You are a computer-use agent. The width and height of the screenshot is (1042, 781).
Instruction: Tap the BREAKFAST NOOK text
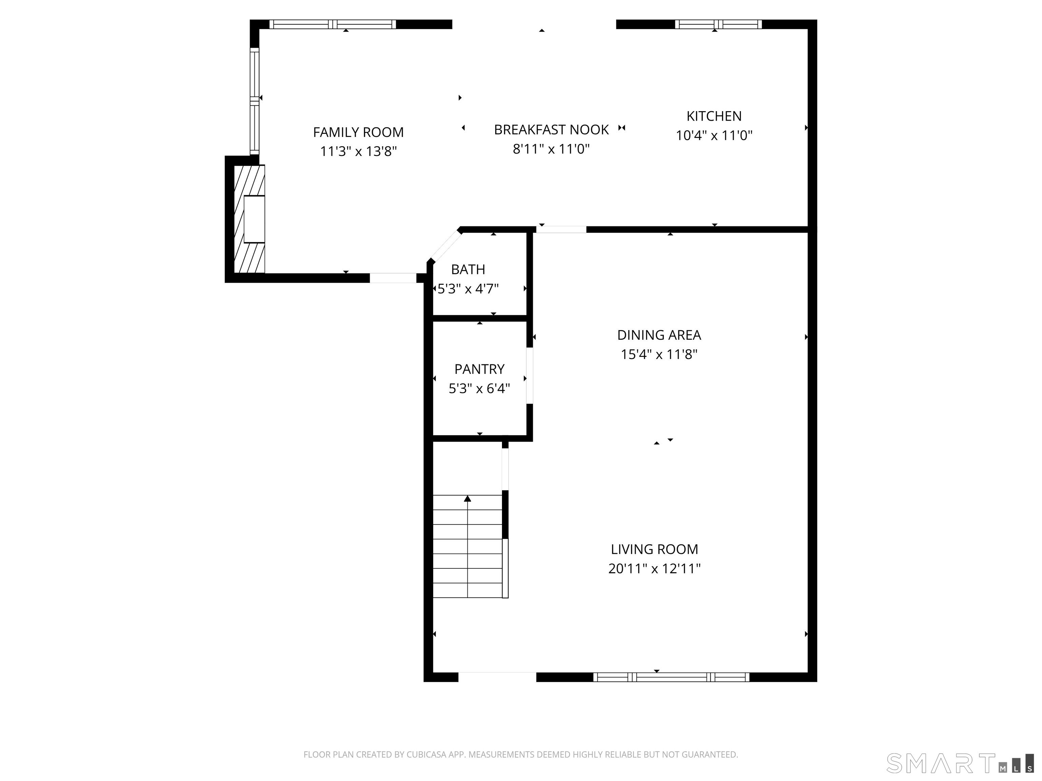551,129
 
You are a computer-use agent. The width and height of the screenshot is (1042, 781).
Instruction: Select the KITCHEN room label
714,116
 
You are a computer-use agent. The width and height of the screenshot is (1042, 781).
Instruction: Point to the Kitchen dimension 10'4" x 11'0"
714,136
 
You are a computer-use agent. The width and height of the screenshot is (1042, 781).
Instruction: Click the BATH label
468,269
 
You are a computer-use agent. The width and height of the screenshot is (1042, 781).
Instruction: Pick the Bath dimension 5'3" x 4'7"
468,288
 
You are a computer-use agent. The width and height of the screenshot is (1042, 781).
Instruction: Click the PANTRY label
479,368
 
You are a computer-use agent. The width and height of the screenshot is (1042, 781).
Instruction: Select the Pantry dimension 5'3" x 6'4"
479,388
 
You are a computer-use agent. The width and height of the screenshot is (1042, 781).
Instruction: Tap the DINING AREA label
659,335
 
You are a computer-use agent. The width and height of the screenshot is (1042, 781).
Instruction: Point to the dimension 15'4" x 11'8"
659,354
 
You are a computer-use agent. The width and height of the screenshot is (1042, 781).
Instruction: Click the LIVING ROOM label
654,549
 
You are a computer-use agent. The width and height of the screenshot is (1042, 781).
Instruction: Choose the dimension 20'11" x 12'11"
654,569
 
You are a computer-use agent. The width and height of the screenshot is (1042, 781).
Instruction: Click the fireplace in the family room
250,219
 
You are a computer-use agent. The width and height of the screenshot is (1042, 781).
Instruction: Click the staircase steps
467,546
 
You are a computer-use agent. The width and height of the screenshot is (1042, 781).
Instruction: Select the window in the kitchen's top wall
718,24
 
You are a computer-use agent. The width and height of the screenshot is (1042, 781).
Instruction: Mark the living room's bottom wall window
671,677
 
